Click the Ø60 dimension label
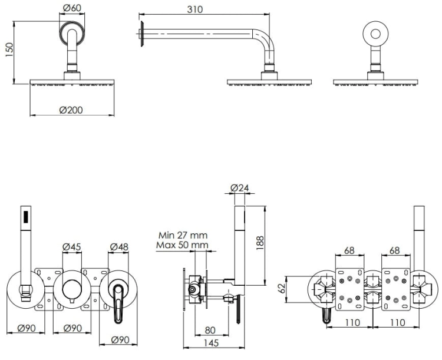coord(72,8)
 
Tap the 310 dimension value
coord(195,9)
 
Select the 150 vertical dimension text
coord(9,49)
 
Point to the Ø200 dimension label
coord(71,110)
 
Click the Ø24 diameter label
coord(240,188)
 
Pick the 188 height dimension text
coord(260,242)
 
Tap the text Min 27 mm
coord(183,235)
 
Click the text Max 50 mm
coord(182,245)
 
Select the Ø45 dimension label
coord(71,247)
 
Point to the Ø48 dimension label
coord(119,247)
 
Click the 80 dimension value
coord(210,330)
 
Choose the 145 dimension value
coord(211,343)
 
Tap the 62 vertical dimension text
coord(282,288)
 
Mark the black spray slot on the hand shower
coord(27,217)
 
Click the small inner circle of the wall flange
coord(375,34)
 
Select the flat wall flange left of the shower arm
coord(143,33)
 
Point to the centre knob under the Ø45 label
coord(72,289)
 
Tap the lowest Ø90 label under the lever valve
coord(120,340)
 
